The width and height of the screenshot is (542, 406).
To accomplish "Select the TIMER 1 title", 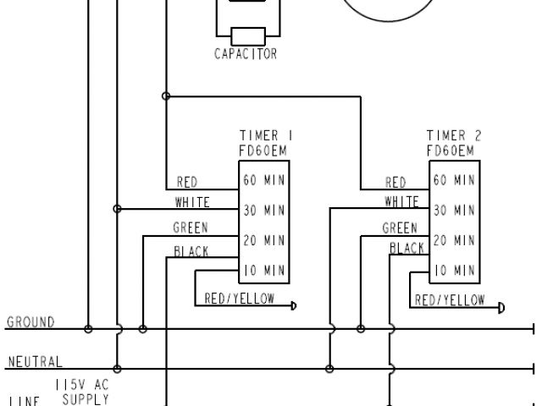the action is click(267, 135).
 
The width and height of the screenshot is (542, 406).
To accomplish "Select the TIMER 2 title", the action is click(454, 135).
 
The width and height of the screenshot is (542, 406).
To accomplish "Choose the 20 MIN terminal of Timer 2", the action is click(454, 241).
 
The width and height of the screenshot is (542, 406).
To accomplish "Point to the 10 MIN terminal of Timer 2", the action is click(454, 272).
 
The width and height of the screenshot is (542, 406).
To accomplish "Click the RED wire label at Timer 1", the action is click(187, 183).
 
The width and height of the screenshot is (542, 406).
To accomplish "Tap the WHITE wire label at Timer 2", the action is click(402, 202).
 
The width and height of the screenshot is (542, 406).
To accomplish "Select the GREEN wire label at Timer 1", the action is click(191, 228).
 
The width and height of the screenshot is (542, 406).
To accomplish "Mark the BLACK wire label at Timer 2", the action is click(406, 248).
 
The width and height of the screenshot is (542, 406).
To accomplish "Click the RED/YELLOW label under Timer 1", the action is click(241, 299).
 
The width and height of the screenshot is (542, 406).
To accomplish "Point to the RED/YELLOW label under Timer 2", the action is click(450, 299).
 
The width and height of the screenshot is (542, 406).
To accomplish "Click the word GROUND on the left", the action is click(30, 322).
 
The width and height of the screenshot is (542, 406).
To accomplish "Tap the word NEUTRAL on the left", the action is click(35, 363).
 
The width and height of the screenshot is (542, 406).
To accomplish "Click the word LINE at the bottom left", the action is click(22, 400).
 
